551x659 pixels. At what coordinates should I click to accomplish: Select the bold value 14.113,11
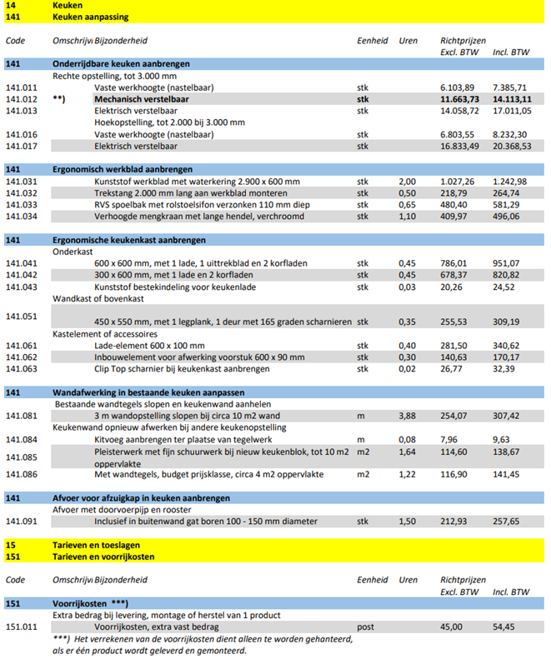tap(509, 99)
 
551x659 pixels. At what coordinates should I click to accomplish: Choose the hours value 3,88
tap(407, 415)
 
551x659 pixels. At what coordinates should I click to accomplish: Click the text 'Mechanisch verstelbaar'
tap(141, 99)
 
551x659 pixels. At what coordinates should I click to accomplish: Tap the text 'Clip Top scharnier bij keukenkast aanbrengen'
tap(182, 368)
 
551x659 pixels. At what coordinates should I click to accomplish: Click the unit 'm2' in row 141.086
tap(363, 474)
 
